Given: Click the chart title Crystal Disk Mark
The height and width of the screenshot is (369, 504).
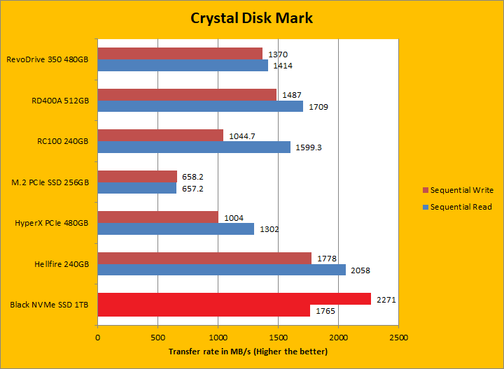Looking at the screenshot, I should coord(251,18).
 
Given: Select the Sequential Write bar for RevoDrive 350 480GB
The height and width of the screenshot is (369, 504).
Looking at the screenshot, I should coord(180,54).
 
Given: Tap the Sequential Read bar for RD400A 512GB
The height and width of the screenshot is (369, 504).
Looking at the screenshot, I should coord(200,106).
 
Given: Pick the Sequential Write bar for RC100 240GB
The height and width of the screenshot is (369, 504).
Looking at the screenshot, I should coord(160,135).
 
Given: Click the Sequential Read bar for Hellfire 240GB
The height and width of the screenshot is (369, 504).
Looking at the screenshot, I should coord(221,270).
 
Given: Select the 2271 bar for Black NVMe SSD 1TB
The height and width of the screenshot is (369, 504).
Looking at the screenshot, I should coord(234,299).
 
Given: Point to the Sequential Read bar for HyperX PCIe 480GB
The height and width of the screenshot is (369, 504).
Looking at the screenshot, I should coord(176,229).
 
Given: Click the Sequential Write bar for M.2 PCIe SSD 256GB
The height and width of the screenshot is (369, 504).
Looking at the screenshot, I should coord(137,176).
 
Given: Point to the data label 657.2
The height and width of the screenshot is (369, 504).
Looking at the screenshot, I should coord(193,189).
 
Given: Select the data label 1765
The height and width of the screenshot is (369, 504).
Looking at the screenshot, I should coord(326,311).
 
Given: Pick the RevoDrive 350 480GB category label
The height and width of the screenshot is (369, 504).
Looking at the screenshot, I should coord(47,59).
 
